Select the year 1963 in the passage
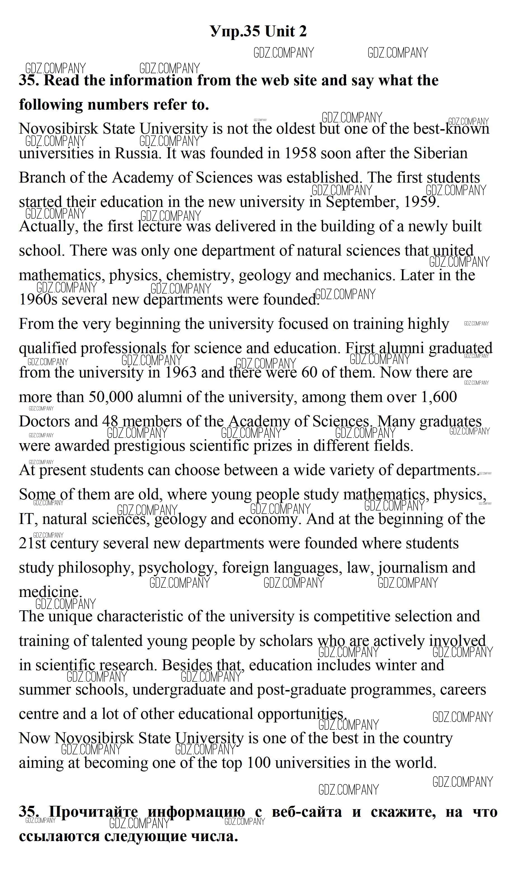(x=180, y=372)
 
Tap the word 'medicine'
(x=49, y=592)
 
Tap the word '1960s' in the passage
(x=38, y=299)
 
